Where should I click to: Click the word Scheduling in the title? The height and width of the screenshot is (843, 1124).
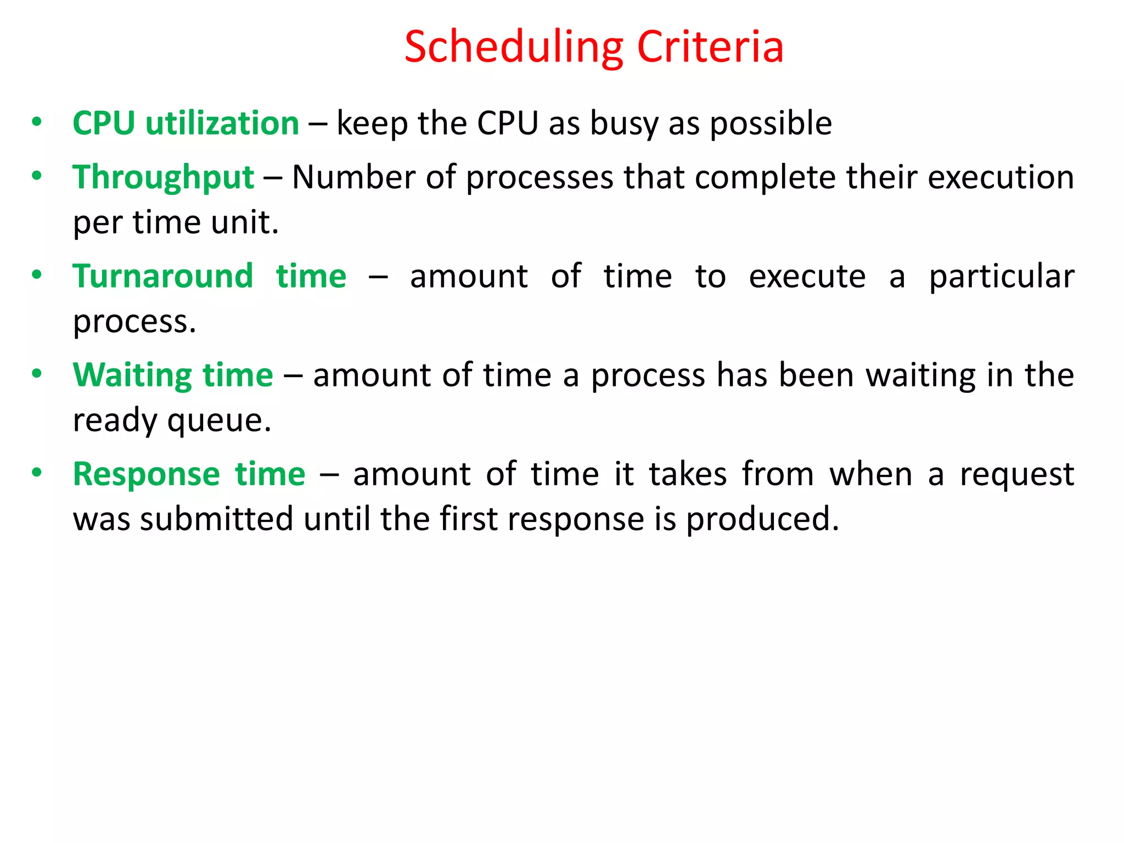[514, 48]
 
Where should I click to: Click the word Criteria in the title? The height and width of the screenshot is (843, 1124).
[710, 47]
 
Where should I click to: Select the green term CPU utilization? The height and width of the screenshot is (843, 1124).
[186, 123]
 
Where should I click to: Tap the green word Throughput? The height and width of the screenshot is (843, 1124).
[164, 178]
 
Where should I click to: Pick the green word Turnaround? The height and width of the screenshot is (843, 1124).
[163, 276]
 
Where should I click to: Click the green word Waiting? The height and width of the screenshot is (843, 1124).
[132, 375]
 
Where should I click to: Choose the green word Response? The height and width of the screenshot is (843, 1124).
[147, 474]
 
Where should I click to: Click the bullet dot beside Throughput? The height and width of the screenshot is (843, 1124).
[37, 176]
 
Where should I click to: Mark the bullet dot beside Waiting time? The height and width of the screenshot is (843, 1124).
[37, 374]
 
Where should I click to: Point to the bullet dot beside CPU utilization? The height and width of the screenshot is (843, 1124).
[37, 121]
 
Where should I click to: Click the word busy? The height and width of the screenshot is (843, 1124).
[624, 124]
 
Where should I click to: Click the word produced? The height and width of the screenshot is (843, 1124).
[762, 520]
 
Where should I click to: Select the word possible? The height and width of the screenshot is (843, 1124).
[771, 124]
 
